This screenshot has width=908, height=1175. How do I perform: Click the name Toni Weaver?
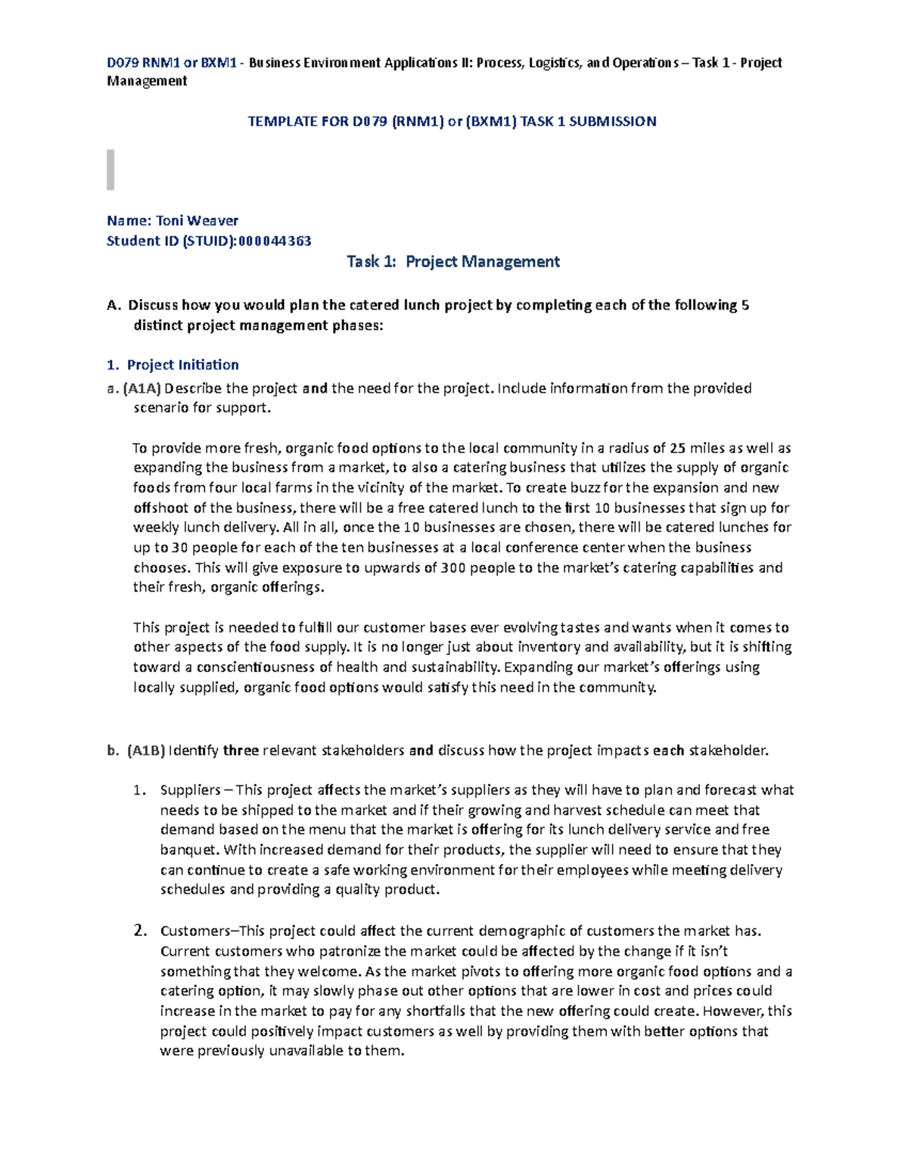(197, 221)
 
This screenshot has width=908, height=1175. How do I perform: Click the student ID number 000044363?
(275, 241)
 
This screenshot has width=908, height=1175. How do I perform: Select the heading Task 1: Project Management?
(452, 262)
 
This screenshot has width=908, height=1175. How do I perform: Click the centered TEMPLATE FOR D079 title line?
(452, 121)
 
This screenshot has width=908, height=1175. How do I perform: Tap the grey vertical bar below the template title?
(110, 169)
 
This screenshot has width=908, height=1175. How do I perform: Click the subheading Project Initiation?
(182, 365)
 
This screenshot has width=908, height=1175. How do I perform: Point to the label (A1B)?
(145, 751)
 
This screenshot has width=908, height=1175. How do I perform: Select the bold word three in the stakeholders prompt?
(241, 751)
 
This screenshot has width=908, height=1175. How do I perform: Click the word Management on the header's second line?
(147, 81)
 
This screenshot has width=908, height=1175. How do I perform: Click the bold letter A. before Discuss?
(113, 306)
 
